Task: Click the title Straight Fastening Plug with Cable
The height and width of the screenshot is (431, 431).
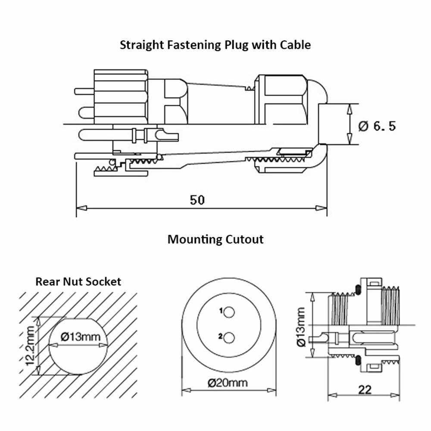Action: tap(215, 45)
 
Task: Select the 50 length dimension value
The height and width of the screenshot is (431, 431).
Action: tap(198, 200)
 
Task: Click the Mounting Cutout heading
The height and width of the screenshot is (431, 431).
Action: tap(215, 239)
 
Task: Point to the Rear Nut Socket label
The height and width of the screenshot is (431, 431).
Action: tap(78, 282)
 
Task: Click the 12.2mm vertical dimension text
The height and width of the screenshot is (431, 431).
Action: tap(30, 346)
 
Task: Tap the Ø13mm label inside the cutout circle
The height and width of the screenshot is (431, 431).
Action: tap(78, 337)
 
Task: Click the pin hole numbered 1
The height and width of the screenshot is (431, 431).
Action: tap(229, 312)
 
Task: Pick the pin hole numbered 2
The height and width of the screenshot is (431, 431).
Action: tap(229, 337)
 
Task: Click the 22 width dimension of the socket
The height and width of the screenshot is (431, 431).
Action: tap(365, 389)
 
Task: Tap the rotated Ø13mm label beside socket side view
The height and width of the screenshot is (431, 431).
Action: tap(301, 326)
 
